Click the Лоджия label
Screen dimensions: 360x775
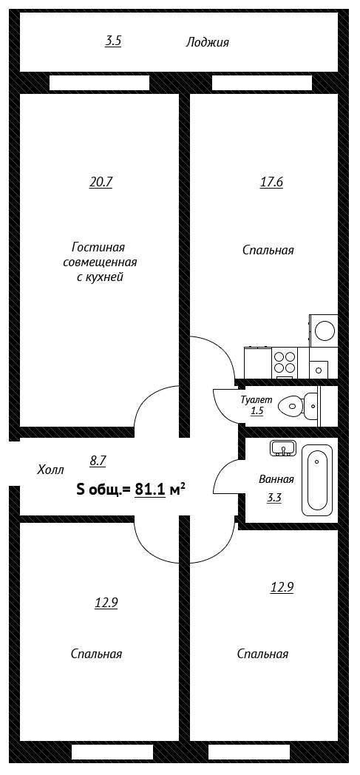click(x=208, y=42)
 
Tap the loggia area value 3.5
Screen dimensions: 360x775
click(x=113, y=41)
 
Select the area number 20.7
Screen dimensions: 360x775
click(x=101, y=183)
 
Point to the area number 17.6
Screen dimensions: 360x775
click(x=271, y=183)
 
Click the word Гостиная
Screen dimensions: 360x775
click(x=98, y=246)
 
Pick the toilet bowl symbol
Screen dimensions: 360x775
click(x=298, y=406)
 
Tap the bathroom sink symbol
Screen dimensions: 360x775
click(x=283, y=448)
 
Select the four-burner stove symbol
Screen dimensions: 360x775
click(x=285, y=362)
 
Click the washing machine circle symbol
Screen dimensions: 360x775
click(x=325, y=331)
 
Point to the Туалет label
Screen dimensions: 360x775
click(x=253, y=400)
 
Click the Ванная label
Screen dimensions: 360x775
click(x=276, y=479)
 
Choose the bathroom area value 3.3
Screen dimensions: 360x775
click(x=274, y=498)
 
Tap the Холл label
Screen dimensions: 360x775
click(x=50, y=470)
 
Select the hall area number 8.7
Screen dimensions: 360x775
click(x=98, y=461)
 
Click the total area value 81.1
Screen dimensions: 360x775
click(x=150, y=490)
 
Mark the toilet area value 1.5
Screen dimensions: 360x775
click(x=257, y=410)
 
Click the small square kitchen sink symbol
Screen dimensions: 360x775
click(x=319, y=369)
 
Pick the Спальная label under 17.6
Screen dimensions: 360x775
click(x=268, y=250)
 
